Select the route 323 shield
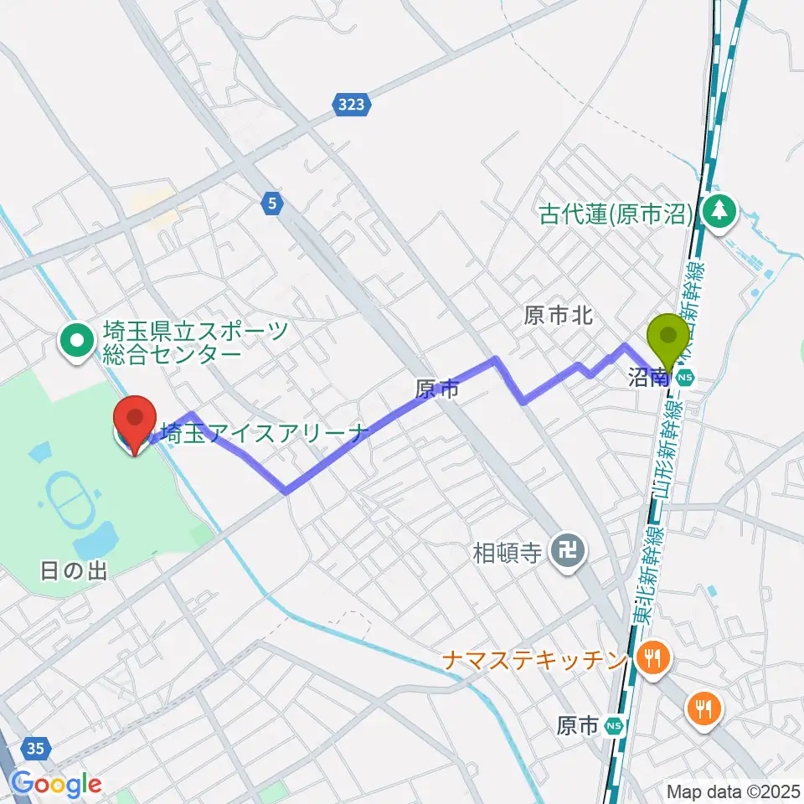(353, 105)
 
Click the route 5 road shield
(272, 202)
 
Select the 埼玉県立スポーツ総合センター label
(194, 342)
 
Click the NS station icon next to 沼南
(686, 378)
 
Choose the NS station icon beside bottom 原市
(615, 726)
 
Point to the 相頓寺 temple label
(506, 552)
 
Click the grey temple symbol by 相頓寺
(567, 551)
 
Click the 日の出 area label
(74, 572)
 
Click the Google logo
(57, 785)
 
